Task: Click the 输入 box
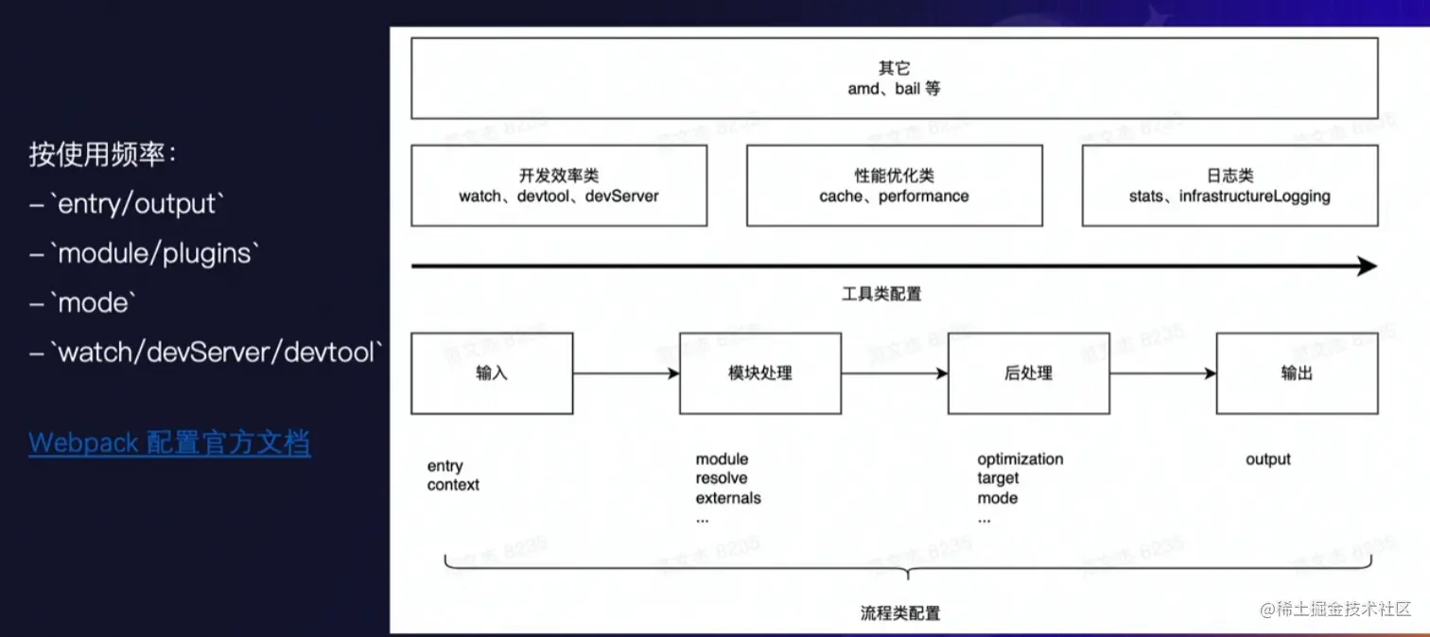(x=492, y=373)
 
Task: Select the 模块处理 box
(x=760, y=373)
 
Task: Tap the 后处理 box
(x=1028, y=373)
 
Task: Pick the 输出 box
(x=1297, y=373)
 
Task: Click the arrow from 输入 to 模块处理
(x=626, y=373)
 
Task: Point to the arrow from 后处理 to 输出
(x=1162, y=373)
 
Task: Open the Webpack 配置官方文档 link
(x=169, y=442)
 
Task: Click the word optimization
(x=1020, y=459)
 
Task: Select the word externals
(x=728, y=498)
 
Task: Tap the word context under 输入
(x=453, y=485)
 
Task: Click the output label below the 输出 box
(x=1268, y=459)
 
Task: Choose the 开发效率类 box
(x=559, y=185)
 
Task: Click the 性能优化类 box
(x=894, y=185)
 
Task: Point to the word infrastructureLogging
(x=1255, y=197)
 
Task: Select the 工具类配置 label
(x=881, y=294)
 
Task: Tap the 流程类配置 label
(x=900, y=613)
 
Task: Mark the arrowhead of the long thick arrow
(x=1368, y=267)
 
